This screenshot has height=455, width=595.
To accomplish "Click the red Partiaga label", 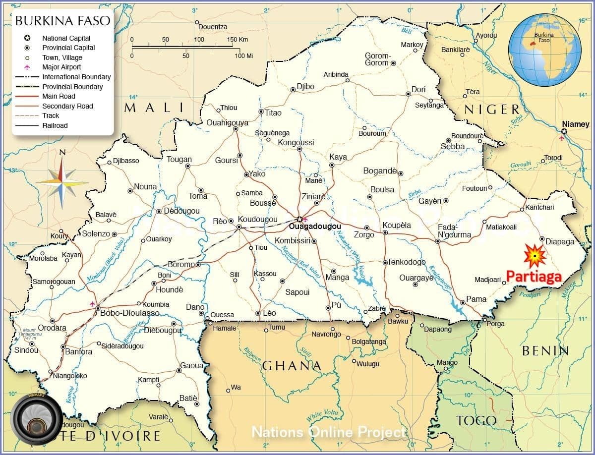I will [x=534, y=277].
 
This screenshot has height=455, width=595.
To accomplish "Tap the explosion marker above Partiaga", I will [x=535, y=256].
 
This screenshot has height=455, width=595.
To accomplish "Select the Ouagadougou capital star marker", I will [x=299, y=219].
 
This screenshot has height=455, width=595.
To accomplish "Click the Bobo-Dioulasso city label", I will [x=130, y=313].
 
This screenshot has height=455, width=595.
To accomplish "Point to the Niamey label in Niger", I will [x=575, y=124].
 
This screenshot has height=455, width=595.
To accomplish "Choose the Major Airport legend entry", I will [x=61, y=67].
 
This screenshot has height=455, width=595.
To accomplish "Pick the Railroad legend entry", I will [x=55, y=125].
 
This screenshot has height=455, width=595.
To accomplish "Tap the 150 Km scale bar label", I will [x=237, y=40].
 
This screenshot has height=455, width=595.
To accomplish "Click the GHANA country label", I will [x=292, y=366].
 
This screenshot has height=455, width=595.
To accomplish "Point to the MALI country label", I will [x=154, y=108].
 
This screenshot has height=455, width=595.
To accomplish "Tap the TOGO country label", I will [x=476, y=421].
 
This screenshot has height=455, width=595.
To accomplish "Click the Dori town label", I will [x=418, y=90].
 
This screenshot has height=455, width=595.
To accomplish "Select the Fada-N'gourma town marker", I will [x=437, y=241].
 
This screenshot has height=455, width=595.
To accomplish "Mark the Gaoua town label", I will [x=192, y=365].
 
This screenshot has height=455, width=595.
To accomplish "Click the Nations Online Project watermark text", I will [x=329, y=432].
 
